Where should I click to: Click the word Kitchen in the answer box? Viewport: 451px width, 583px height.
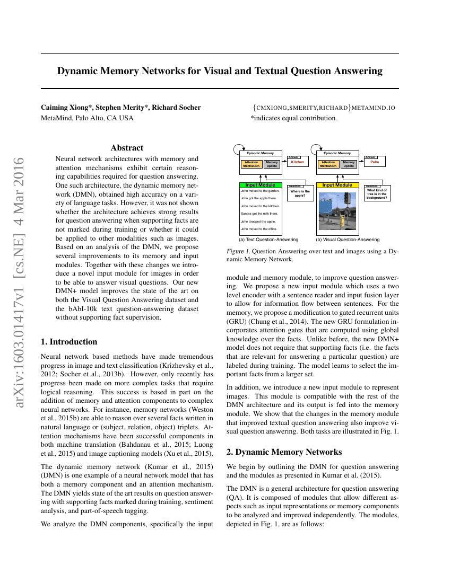298,162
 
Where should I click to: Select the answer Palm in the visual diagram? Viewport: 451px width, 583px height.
375,162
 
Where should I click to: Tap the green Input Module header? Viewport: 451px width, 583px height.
260,185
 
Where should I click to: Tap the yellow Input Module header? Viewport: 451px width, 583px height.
337,185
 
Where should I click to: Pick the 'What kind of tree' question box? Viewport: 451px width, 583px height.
377,193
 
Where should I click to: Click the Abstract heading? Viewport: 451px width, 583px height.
127,148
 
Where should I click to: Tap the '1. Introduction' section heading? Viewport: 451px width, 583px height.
69,342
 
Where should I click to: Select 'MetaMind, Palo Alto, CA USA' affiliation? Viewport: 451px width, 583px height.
87,118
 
